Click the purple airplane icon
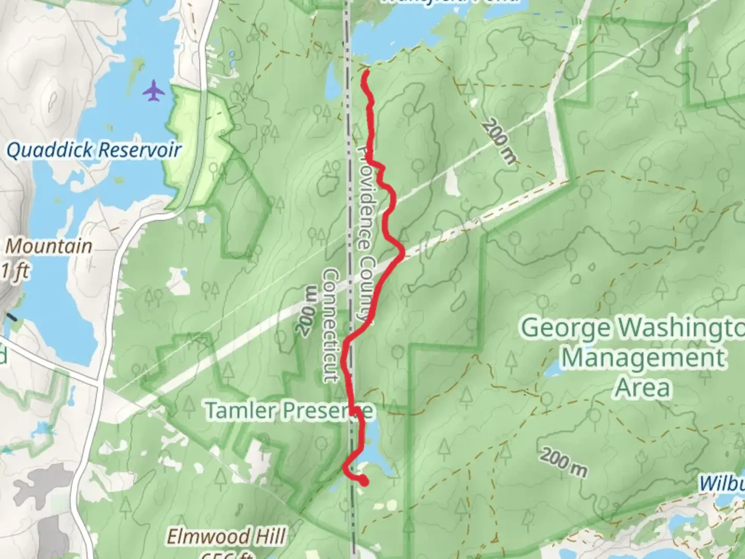click(154, 91)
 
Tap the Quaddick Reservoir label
click(94, 150)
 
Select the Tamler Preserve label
click(289, 410)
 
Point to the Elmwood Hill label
click(226, 536)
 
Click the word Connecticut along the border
click(332, 325)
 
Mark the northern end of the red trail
click(365, 74)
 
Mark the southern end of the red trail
click(365, 483)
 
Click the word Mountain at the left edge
click(49, 246)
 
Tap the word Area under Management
click(644, 388)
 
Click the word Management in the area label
click(644, 358)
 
